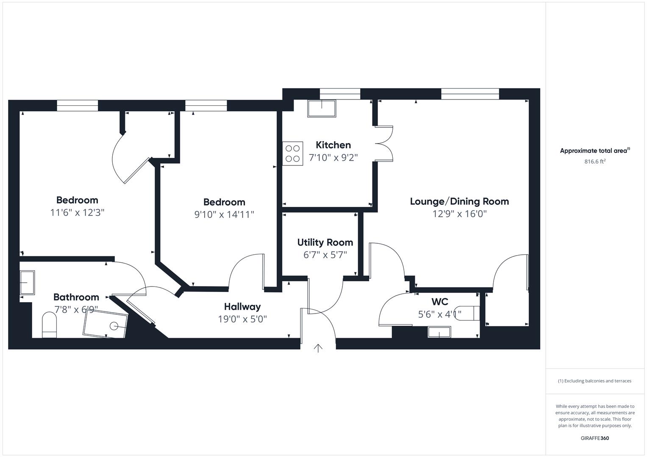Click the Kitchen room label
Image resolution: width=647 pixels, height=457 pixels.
[x=333, y=145]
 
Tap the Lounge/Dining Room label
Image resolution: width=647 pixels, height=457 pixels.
[x=459, y=201]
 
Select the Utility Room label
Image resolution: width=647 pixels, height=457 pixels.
[x=325, y=242]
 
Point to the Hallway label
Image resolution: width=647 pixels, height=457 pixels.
[x=242, y=307]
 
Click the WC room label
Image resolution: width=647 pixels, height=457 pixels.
[x=440, y=302]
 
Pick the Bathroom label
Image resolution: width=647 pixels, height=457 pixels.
[x=76, y=297]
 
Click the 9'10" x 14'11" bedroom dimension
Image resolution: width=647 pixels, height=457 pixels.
[x=224, y=215]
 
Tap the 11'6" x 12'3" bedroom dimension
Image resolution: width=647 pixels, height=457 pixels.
[x=77, y=212]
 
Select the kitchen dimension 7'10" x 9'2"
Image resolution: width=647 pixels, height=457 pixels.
[x=333, y=158]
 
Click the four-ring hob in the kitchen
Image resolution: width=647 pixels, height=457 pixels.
[x=293, y=153]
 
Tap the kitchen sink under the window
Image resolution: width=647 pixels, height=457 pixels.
[x=322, y=109]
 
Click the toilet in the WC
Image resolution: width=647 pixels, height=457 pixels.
[x=471, y=313]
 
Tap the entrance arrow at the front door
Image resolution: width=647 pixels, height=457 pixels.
[x=318, y=348]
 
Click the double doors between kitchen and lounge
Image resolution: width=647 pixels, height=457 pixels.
[x=384, y=143]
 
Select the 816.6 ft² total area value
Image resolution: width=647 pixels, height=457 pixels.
[x=595, y=161]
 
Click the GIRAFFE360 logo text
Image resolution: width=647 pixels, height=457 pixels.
[x=594, y=438]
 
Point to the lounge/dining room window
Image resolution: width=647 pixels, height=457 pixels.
[x=470, y=94]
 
